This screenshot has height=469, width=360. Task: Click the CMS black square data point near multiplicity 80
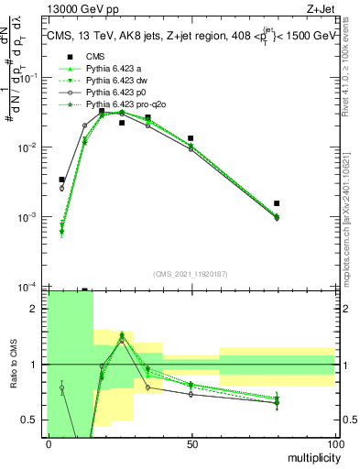point(277,203)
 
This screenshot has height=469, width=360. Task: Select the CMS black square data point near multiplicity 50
point(191,138)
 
